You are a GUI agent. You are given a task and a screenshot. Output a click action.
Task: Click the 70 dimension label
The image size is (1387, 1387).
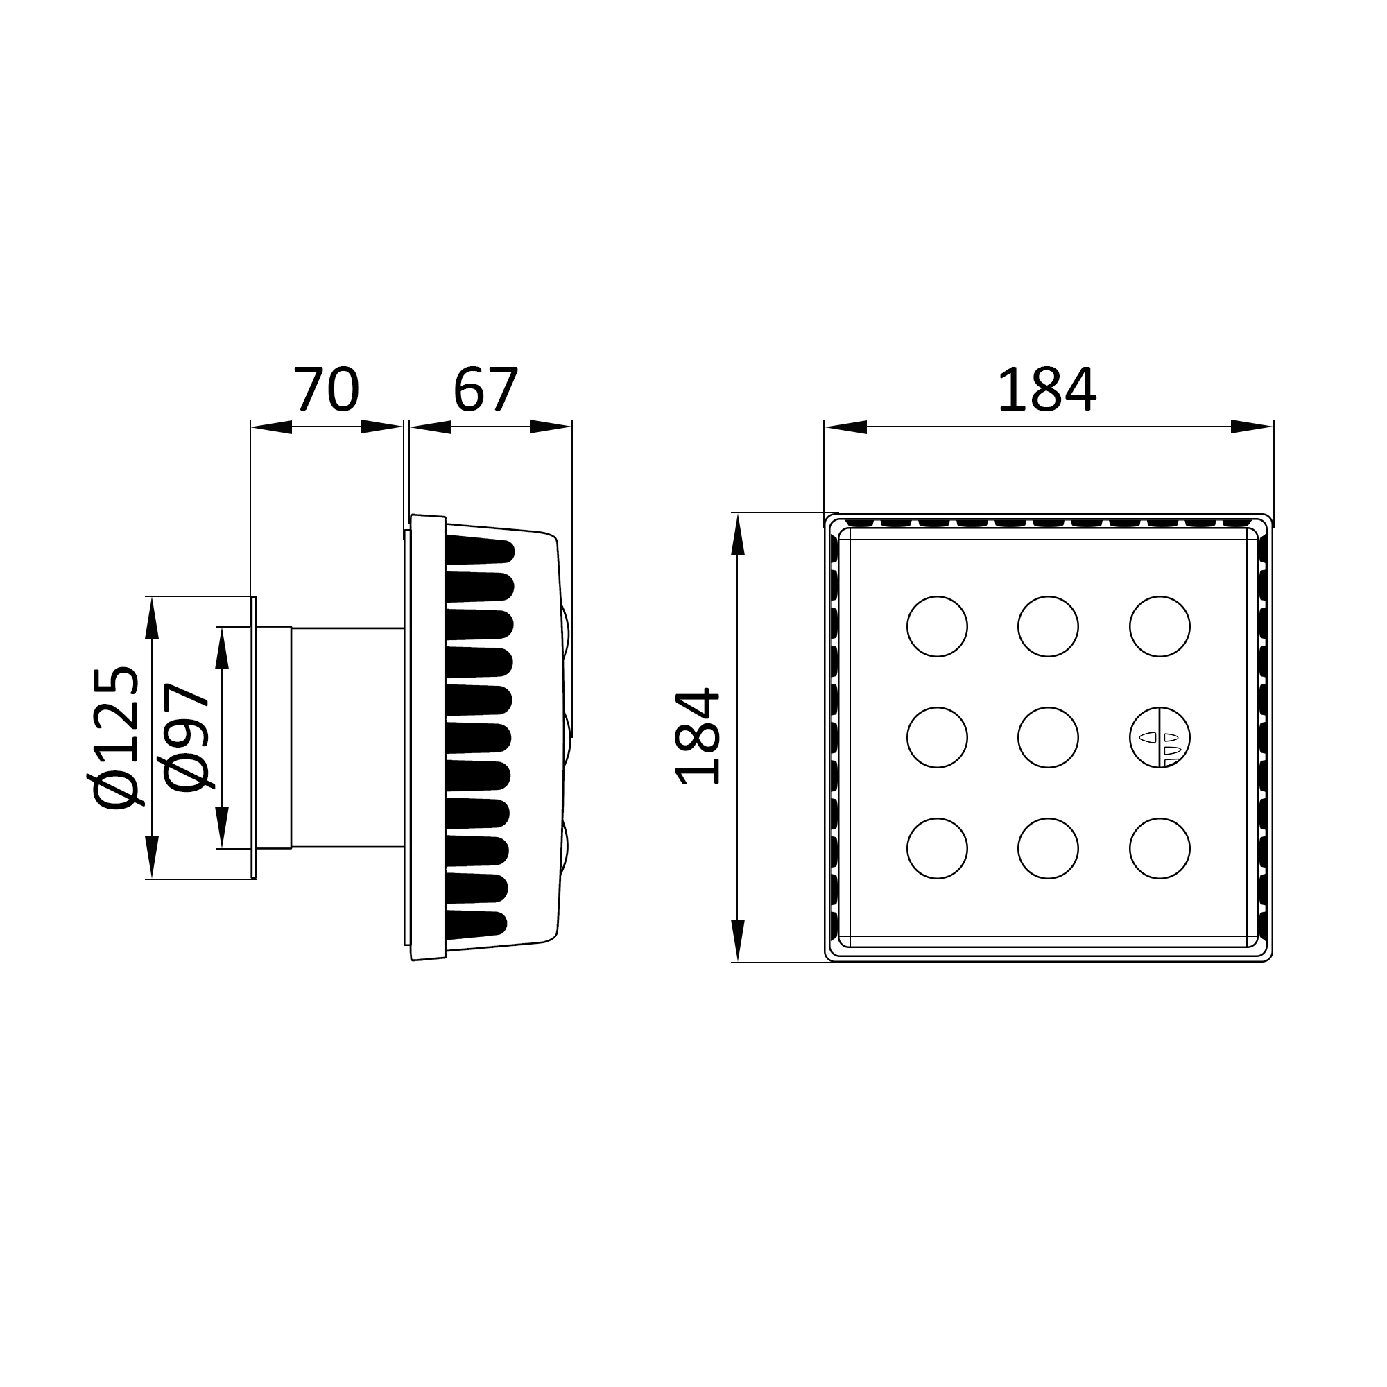click(326, 389)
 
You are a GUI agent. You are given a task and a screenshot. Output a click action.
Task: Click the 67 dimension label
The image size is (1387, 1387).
click(485, 389)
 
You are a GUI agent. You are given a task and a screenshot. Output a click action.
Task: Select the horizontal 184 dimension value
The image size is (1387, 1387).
click(1046, 389)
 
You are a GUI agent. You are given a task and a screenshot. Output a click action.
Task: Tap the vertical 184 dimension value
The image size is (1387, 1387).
click(697, 736)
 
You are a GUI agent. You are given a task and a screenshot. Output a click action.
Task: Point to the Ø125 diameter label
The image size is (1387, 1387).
click(115, 737)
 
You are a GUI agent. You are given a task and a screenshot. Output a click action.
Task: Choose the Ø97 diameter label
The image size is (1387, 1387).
click(186, 737)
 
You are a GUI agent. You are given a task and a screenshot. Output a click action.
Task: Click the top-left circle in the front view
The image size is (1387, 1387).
click(937, 626)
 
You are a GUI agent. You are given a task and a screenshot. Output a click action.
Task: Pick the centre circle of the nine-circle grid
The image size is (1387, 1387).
click(1048, 737)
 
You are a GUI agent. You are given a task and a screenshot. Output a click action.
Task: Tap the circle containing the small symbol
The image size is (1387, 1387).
click(1160, 737)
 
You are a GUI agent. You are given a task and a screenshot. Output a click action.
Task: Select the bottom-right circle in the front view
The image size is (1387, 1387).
click(1160, 849)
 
